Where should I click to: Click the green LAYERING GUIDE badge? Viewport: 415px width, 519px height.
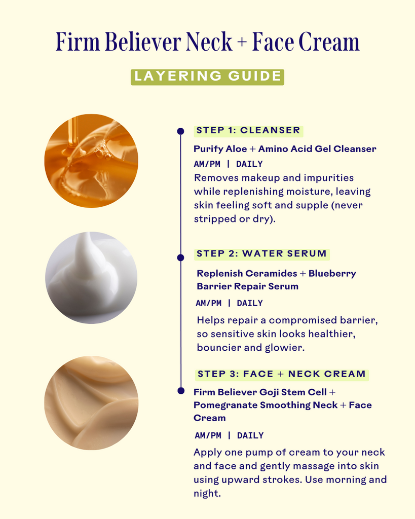208,77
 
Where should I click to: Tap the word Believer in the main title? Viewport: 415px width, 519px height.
143,42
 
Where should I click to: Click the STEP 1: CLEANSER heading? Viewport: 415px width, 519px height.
248,130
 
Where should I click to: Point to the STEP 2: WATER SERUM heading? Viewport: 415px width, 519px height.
262,254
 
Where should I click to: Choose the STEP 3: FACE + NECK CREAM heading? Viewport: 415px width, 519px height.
282,374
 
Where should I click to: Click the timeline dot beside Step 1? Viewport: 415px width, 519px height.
181,131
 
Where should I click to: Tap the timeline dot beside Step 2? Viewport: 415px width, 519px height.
181,257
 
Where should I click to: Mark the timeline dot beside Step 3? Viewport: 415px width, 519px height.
181,391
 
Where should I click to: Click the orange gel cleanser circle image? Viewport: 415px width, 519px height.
91,161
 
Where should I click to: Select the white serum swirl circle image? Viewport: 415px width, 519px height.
91,278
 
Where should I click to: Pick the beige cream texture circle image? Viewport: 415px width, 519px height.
91,403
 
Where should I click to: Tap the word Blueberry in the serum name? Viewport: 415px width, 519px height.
332,274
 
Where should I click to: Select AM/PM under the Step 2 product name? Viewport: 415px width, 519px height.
208,303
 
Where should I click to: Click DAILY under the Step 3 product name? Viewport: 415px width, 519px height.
250,435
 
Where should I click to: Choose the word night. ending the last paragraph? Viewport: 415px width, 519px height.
207,494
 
